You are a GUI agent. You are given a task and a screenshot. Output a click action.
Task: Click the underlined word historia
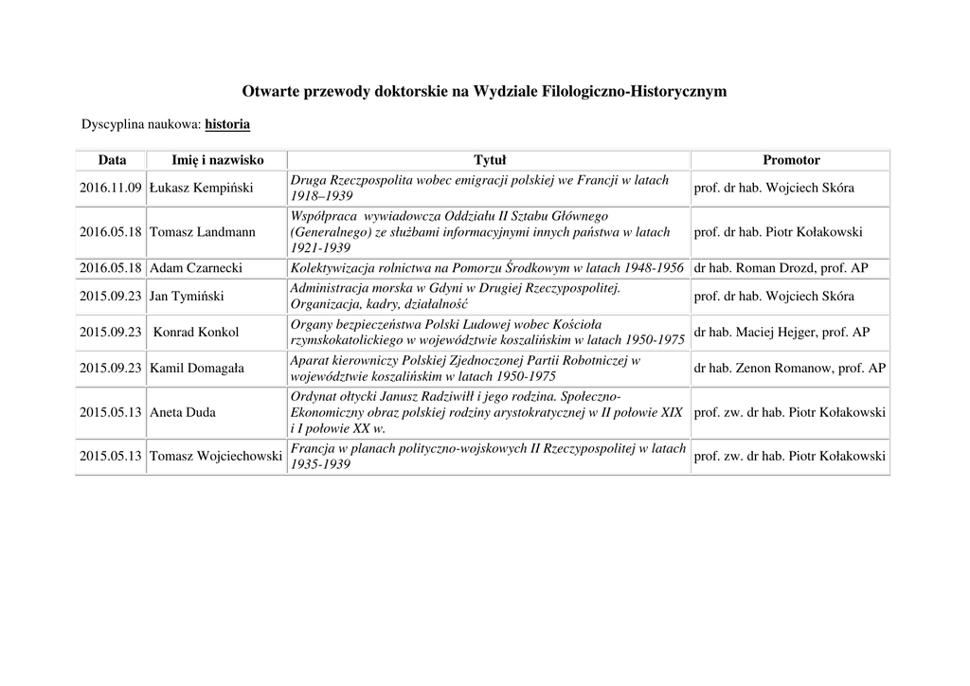pos(227,124)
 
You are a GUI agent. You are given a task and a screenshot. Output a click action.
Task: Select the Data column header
pos(112,160)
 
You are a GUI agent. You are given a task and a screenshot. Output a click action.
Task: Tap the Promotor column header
pos(791,160)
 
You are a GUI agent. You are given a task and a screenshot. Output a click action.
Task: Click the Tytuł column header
pos(490,160)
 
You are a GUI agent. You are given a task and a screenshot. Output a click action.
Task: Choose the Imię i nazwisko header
pos(218,160)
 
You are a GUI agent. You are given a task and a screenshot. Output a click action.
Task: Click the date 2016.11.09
pos(111,188)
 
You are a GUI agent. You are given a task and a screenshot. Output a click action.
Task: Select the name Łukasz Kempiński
pos(202,188)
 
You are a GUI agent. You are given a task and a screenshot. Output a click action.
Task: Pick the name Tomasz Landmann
pos(203,232)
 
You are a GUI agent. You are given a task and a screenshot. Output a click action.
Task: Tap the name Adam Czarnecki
pos(196,268)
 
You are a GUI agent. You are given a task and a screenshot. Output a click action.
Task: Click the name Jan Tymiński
pos(187,297)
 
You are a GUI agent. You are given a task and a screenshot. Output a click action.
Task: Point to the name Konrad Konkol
pos(196,333)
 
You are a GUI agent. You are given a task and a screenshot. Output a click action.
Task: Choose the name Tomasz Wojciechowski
pos(216,457)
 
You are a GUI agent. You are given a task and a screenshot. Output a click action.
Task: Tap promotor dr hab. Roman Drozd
pos(781,268)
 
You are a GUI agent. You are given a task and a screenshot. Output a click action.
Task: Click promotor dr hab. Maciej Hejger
pos(781,333)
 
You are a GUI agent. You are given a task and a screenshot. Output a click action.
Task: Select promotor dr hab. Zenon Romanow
pos(790,368)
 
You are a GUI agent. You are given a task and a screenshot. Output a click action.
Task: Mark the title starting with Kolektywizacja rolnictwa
pos(487,268)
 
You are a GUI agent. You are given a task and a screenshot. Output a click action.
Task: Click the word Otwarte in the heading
pos(270,92)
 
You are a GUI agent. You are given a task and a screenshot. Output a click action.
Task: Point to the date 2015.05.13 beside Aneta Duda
pos(111,412)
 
